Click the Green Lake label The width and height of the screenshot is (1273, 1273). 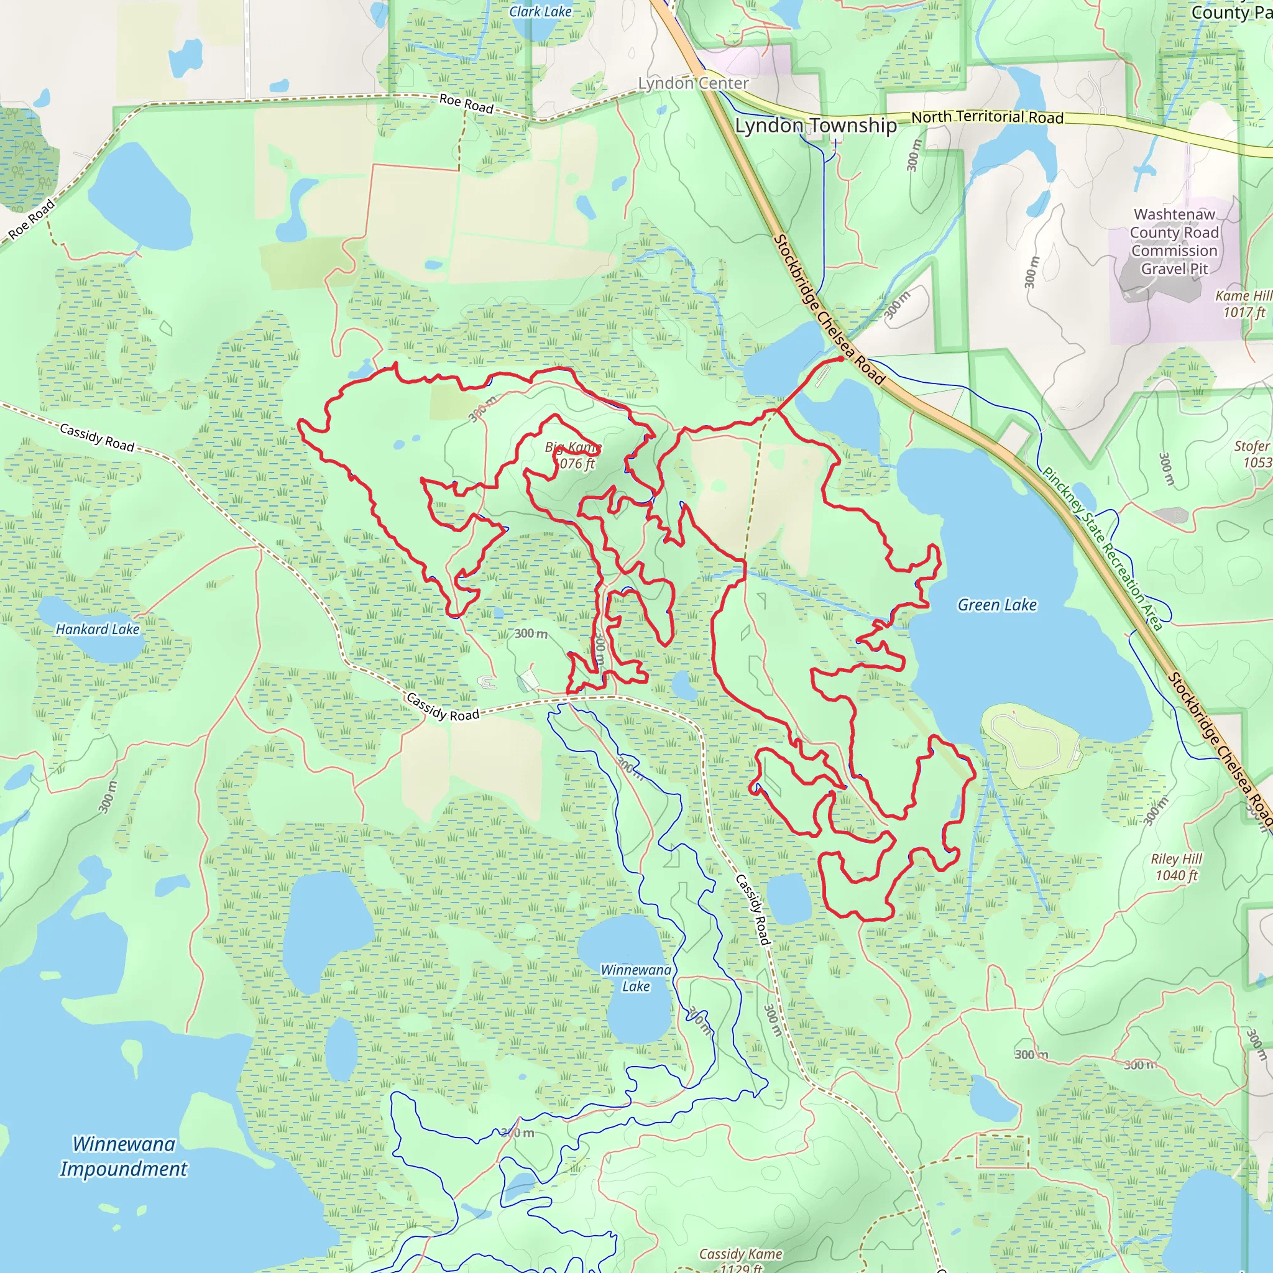click(x=996, y=605)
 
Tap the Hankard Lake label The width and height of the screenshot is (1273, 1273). click(x=98, y=629)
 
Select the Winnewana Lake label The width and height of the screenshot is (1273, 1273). click(x=635, y=978)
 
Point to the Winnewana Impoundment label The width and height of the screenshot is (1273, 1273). click(x=124, y=1156)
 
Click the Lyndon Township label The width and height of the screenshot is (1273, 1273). click(x=816, y=125)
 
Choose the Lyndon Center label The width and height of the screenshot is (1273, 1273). click(x=693, y=83)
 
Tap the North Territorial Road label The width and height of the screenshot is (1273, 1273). click(x=987, y=117)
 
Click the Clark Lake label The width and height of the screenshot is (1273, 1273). click(x=540, y=11)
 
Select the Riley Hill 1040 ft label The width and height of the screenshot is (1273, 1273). click(x=1176, y=867)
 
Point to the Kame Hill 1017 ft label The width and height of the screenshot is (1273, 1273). click(x=1243, y=304)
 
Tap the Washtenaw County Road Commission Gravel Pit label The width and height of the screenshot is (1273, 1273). click(x=1174, y=241)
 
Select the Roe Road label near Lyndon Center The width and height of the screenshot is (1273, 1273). click(x=467, y=103)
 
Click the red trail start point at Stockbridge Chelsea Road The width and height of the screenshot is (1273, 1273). click(x=842, y=359)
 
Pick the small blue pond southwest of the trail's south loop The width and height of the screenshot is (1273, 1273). click(x=788, y=899)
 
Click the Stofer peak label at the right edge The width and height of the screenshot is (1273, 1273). click(x=1252, y=454)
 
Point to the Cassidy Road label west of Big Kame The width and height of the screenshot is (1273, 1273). click(x=97, y=438)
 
